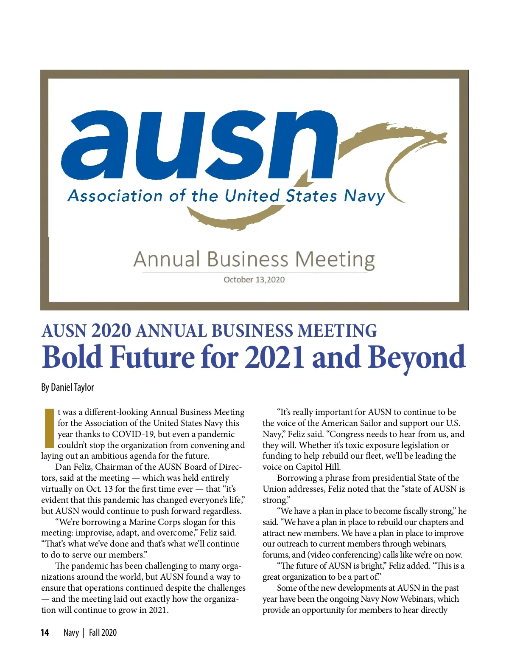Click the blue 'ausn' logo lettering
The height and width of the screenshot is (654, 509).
point(199,144)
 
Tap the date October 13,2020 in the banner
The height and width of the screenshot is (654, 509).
point(254,280)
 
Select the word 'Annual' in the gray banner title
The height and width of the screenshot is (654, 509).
point(167,259)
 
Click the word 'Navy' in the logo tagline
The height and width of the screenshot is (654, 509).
point(364,196)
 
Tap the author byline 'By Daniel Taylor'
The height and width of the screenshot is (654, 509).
point(67,387)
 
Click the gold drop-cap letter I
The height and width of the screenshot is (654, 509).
point(49,428)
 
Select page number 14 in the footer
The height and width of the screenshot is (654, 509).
point(45,633)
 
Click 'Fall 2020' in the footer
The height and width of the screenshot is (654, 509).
point(103,633)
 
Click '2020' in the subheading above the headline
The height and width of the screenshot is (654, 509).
point(110,331)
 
